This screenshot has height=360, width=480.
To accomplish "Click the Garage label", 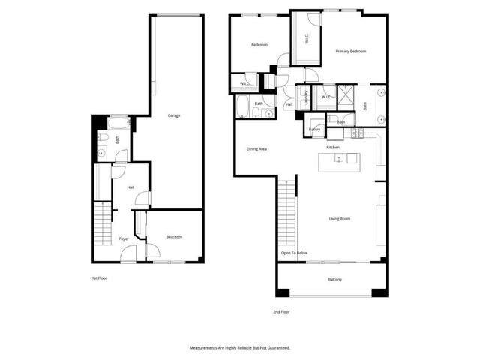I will pos(173,115).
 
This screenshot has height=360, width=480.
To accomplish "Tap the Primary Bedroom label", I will pos(350,51).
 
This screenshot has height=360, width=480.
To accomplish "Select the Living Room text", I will pos(340,218).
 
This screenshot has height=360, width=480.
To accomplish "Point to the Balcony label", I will pos(334,280).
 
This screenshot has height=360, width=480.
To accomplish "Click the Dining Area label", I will pos(257,148).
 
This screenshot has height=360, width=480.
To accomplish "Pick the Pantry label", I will pos(315,130).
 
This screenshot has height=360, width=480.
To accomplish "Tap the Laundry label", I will pos(306,96).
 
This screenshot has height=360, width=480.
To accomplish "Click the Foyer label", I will pos(124,238).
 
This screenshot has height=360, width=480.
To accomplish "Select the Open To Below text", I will pos(294,253).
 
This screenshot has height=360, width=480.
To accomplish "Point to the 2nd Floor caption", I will pos(281,310).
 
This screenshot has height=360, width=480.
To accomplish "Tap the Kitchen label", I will pos(333,147).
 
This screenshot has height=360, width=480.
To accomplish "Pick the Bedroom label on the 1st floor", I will pos(173,236).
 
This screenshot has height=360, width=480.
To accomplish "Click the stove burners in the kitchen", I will pos(358,133).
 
